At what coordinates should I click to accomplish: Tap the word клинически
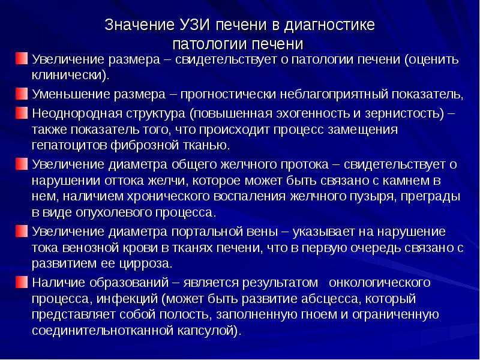coord(69,76)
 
